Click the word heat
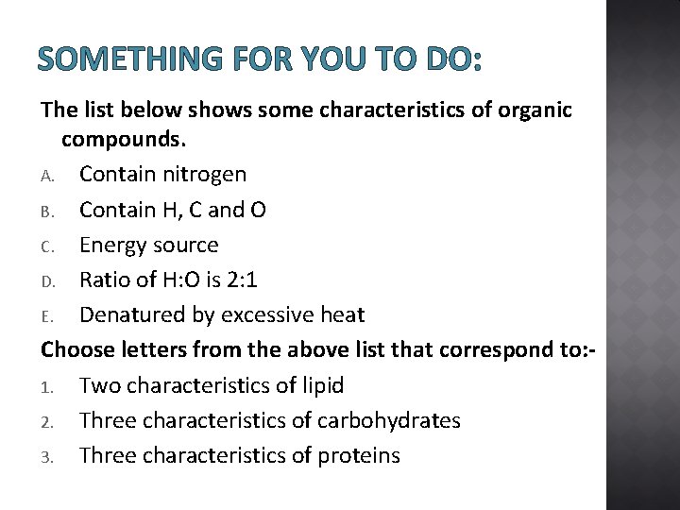340,315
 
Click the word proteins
359,456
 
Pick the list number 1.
46,386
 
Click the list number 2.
46,421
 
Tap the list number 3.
46,457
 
